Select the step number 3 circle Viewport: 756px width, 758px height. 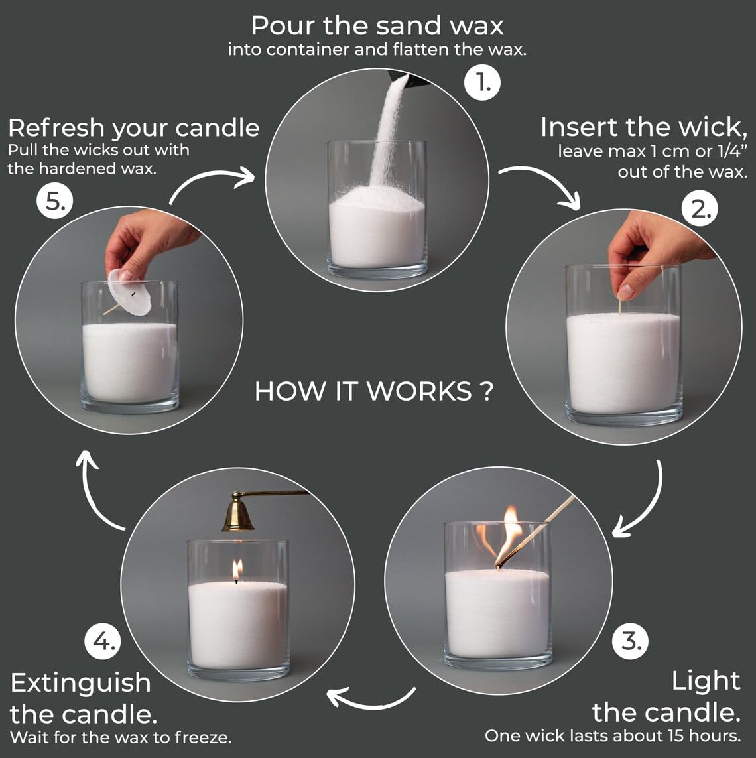[630, 641]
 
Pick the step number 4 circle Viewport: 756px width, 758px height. [103, 641]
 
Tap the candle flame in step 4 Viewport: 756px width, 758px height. [237, 569]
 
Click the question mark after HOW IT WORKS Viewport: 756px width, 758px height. [485, 391]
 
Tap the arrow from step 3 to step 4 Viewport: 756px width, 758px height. [371, 698]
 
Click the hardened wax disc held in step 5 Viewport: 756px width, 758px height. [130, 292]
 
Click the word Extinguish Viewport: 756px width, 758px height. [80, 682]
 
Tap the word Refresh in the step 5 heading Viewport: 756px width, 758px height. [57, 127]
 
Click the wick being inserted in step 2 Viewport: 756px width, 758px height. [620, 306]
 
